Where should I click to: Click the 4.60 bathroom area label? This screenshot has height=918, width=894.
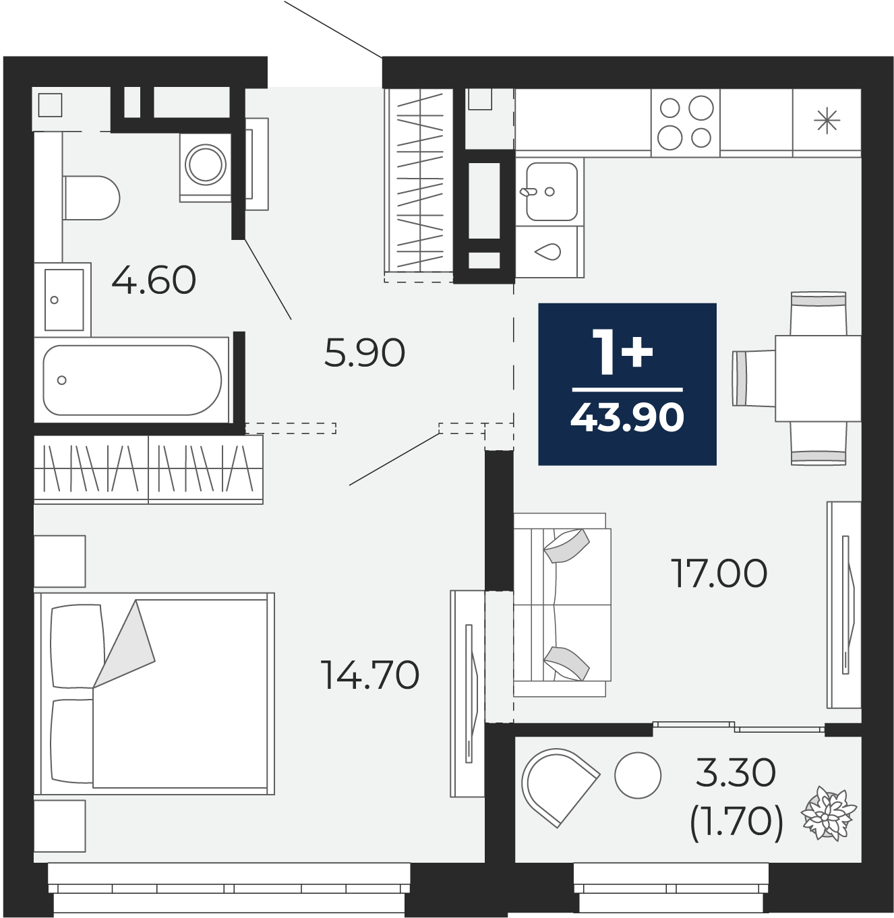point(154,280)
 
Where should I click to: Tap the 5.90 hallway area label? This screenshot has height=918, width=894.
point(365,353)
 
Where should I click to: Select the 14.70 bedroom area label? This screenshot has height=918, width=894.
point(370,675)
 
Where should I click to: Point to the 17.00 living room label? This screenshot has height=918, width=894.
point(719,574)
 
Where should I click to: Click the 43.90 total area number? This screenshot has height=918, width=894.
point(627,417)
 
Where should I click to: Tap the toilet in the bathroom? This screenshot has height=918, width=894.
point(91,197)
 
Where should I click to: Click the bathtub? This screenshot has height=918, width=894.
point(131,379)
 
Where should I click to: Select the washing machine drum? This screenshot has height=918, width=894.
point(206,165)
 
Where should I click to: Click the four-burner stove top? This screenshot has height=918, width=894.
point(685,122)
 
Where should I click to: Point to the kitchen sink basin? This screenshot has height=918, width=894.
point(552,191)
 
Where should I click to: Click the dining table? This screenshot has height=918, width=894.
point(818,378)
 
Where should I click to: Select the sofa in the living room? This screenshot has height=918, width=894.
point(562,605)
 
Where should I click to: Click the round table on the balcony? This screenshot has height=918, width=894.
point(638,775)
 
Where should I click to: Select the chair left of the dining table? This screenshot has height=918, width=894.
point(753,378)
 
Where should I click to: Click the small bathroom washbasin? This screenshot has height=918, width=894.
point(63,299)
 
